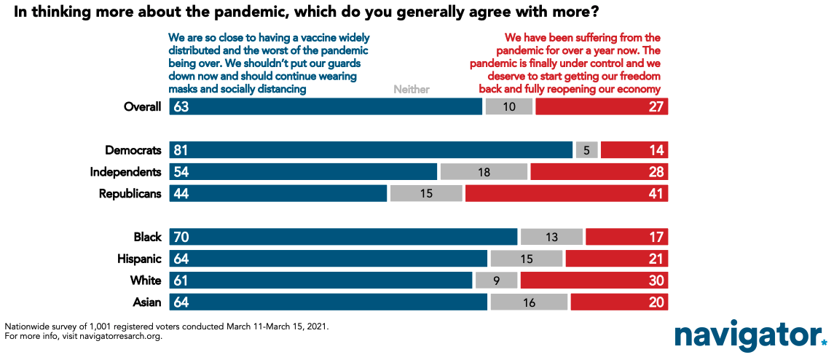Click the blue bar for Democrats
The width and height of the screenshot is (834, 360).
pyautogui.click(x=371, y=150)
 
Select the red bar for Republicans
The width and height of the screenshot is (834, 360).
pyautogui.click(x=567, y=194)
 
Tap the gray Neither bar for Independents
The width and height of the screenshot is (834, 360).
pyautogui.click(x=484, y=172)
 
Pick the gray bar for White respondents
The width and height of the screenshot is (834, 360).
pyautogui.click(x=496, y=280)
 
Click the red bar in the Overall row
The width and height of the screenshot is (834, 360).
pyautogui.click(x=602, y=106)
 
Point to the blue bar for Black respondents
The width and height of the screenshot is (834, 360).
pyautogui.click(x=343, y=237)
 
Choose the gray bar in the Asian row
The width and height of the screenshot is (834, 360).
pyautogui.click(x=529, y=302)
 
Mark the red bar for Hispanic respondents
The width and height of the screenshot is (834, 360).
pyautogui.click(x=617, y=259)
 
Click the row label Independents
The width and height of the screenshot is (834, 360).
pyautogui.click(x=125, y=172)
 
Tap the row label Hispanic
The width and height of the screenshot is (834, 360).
pyautogui.click(x=139, y=259)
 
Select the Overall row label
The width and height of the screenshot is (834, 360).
pyautogui.click(x=142, y=106)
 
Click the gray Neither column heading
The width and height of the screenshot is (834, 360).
pyautogui.click(x=411, y=90)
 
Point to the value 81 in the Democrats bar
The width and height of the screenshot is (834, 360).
pyautogui.click(x=181, y=150)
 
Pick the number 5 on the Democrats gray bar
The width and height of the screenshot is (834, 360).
pyautogui.click(x=586, y=151)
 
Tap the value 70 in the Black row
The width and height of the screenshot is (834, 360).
pyautogui.click(x=181, y=237)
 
